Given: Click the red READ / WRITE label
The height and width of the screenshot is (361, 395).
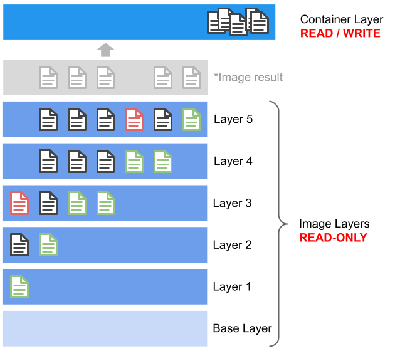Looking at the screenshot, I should pyautogui.click(x=340, y=33).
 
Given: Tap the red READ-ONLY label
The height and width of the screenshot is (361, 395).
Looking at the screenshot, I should pyautogui.click(x=333, y=238).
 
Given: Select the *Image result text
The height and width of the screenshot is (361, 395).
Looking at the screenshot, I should pyautogui.click(x=248, y=77).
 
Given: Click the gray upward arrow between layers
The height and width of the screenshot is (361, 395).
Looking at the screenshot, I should pyautogui.click(x=105, y=50).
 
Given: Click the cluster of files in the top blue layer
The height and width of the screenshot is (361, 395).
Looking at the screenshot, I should pyautogui.click(x=238, y=22).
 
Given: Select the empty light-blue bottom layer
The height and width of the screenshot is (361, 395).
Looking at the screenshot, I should pyautogui.click(x=105, y=328).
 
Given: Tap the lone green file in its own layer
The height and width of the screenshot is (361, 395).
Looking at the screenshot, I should pyautogui.click(x=19, y=286).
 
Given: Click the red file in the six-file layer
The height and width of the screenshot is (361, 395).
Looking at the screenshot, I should pyautogui.click(x=134, y=119).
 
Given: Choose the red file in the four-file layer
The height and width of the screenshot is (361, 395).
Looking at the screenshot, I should pyautogui.click(x=19, y=203).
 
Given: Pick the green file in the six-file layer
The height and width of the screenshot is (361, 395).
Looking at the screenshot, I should pyautogui.click(x=192, y=119).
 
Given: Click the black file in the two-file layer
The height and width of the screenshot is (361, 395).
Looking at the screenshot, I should pyautogui.click(x=19, y=244).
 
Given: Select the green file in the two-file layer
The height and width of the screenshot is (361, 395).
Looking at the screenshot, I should pyautogui.click(x=48, y=244).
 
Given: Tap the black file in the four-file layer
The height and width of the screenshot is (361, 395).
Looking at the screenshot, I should pyautogui.click(x=48, y=203).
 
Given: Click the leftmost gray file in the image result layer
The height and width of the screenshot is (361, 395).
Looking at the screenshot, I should pyautogui.click(x=48, y=77).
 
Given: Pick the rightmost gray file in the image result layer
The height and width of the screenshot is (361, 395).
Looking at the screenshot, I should pyautogui.click(x=192, y=77).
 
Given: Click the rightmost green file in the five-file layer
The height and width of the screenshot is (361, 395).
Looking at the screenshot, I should pyautogui.click(x=163, y=161).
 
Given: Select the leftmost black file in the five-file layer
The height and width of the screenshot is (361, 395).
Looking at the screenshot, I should pyautogui.click(x=48, y=161).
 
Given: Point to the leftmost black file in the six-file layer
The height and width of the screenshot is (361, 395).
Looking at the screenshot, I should pyautogui.click(x=48, y=119).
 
